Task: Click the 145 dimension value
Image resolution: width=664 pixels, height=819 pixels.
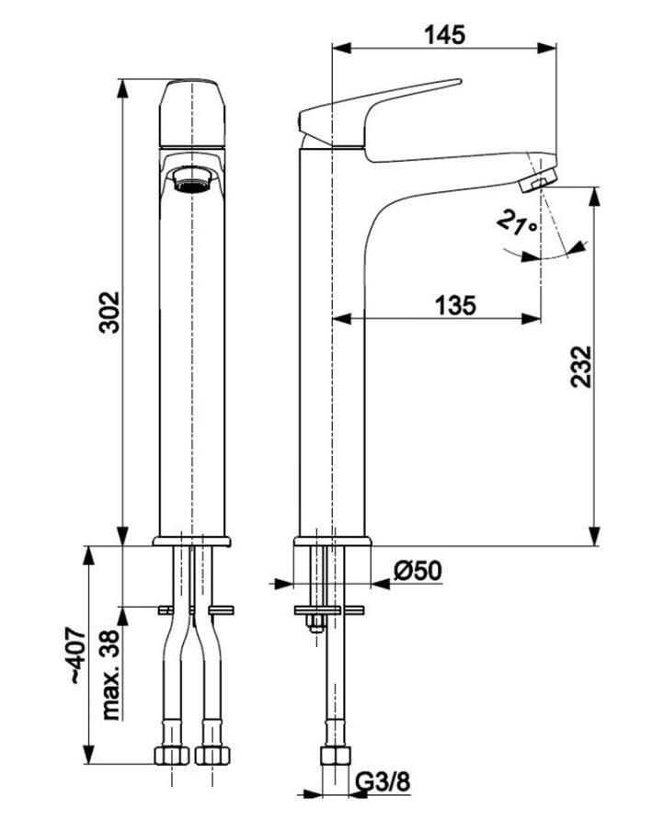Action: (x=444, y=35)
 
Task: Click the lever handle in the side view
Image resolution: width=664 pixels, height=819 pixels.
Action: (x=377, y=108)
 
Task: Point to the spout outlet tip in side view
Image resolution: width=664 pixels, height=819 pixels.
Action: (x=537, y=180)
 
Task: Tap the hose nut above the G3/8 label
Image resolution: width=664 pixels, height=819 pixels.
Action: (x=332, y=756)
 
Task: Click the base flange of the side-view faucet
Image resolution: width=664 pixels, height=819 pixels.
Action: (x=332, y=540)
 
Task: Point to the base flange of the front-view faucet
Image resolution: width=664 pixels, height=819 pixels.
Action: (x=191, y=540)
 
